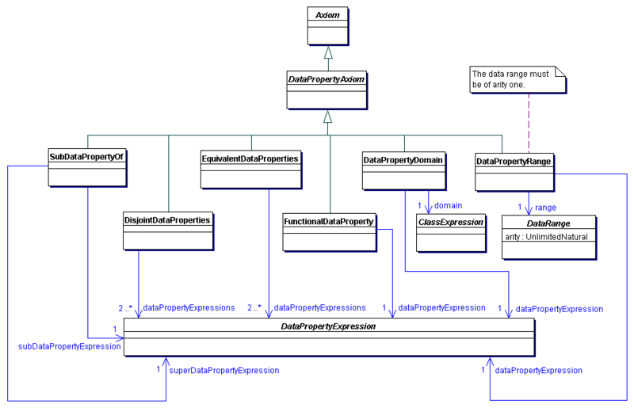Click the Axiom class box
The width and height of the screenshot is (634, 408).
pyautogui.click(x=328, y=25)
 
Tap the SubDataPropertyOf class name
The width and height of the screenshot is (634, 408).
pyautogui.click(x=87, y=156)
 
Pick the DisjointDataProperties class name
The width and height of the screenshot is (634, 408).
pyautogui.click(x=168, y=219)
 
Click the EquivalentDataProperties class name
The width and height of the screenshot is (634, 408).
pyautogui.click(x=250, y=158)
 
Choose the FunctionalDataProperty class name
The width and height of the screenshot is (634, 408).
pyautogui.click(x=329, y=221)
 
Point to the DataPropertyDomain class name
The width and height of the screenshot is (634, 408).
pyautogui.click(x=403, y=159)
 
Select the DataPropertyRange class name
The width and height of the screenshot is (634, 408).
pyautogui.click(x=514, y=162)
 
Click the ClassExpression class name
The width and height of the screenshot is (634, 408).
pyautogui.click(x=451, y=222)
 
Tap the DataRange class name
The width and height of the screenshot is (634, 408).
pyautogui.click(x=548, y=223)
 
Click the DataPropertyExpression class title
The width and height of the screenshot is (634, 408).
pyautogui.click(x=328, y=326)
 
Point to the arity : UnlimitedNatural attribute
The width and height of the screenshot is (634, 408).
pyautogui.click(x=548, y=236)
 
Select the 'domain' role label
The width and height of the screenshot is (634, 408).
pyautogui.click(x=448, y=205)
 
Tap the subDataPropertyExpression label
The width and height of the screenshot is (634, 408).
pyautogui.click(x=69, y=345)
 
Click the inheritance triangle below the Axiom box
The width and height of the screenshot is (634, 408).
pyautogui.click(x=328, y=53)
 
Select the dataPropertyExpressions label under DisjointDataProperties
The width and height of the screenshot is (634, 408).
pyautogui.click(x=189, y=307)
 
